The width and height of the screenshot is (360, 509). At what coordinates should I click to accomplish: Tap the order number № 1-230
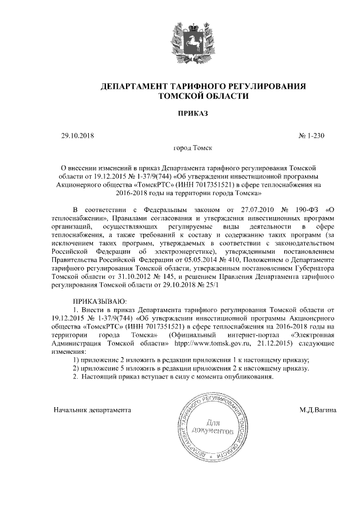(310, 136)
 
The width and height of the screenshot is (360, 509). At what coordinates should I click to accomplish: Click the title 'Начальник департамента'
(92, 410)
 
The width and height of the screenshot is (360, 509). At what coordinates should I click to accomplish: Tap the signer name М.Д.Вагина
(318, 410)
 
